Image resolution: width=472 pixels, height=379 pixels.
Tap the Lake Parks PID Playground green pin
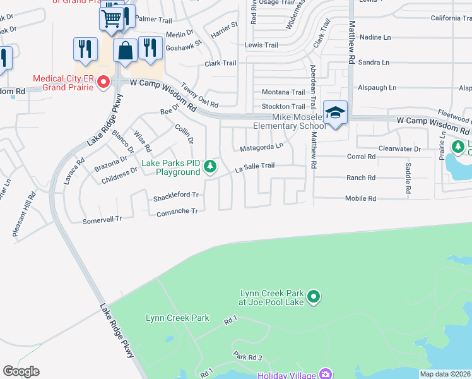pyautogui.click(x=210, y=167)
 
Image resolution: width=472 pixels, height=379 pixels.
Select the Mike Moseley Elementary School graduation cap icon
pyautogui.click(x=336, y=113)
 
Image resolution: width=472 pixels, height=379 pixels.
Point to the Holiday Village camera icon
pyautogui.click(x=326, y=373)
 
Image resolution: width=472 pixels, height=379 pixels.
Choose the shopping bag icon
pyautogui.click(x=126, y=50)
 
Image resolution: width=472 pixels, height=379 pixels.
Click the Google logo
pyautogui.click(x=21, y=371)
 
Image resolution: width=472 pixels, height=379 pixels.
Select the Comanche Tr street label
pyautogui.click(x=177, y=212)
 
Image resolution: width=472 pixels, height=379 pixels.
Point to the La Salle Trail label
pyautogui.click(x=255, y=166)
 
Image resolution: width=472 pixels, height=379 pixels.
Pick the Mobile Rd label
pyautogui.click(x=360, y=198)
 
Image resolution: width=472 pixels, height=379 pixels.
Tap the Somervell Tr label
pyautogui.click(x=102, y=219)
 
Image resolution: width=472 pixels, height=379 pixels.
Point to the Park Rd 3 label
pyautogui.click(x=247, y=357)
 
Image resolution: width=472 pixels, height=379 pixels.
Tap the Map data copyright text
pyautogui.click(x=445, y=374)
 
